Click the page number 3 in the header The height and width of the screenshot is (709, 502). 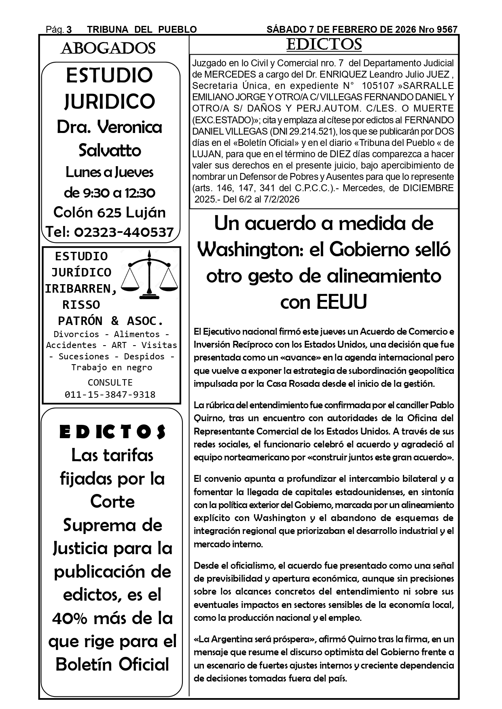[69, 30]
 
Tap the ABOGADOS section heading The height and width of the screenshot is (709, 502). [108, 49]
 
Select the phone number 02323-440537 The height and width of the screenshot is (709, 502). [124, 232]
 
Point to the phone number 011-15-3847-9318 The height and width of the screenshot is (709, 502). [110, 395]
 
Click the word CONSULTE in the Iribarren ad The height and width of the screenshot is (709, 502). [110, 382]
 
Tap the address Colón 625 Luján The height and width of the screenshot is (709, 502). [110, 212]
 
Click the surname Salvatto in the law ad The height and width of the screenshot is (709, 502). [110, 150]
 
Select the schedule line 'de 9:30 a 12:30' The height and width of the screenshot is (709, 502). [110, 193]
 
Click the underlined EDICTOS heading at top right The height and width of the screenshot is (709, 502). [324, 44]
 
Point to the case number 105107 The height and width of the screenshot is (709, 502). [378, 86]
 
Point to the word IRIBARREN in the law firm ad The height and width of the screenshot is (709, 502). [80, 289]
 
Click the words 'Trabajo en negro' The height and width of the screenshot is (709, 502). [112, 367]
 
